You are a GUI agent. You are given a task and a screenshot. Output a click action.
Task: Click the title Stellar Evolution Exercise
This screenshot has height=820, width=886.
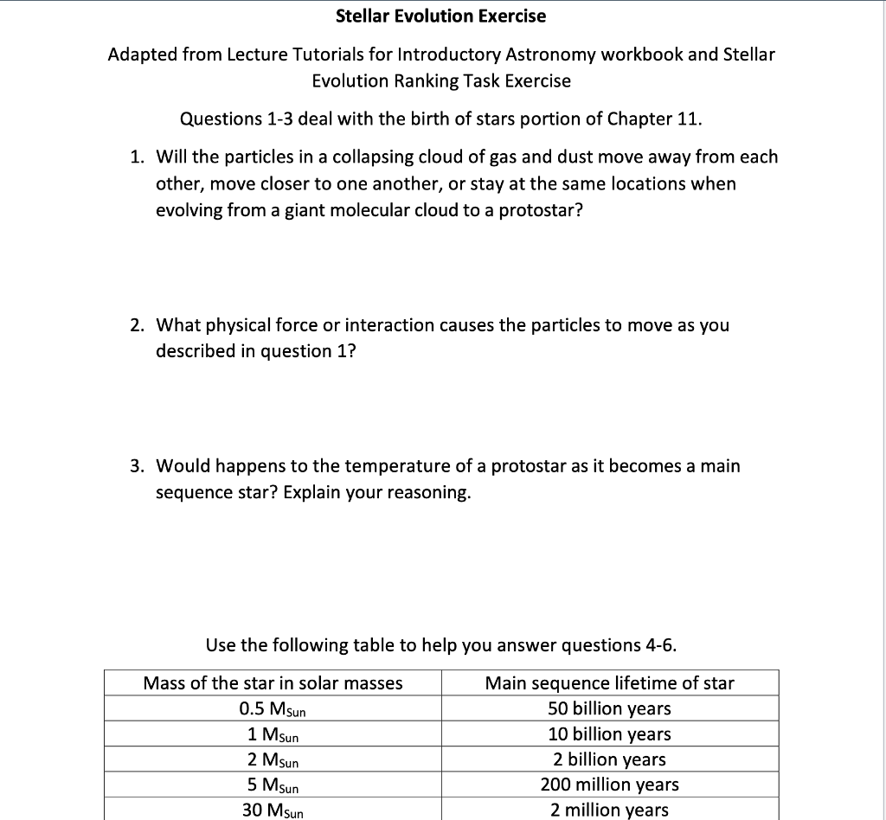click(x=440, y=16)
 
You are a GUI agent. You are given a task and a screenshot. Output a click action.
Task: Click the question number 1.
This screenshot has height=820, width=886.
click(x=137, y=157)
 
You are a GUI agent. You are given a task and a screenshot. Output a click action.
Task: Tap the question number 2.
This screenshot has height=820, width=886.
click(x=137, y=325)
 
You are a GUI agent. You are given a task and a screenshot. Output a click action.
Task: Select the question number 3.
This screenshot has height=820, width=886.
click(x=137, y=466)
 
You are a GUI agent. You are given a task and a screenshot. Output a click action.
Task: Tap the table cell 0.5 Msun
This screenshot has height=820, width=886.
click(x=273, y=709)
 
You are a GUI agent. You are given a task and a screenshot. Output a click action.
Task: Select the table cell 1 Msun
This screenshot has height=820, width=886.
click(x=273, y=734)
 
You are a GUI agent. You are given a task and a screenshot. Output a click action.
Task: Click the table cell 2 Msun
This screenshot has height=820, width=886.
click(x=273, y=759)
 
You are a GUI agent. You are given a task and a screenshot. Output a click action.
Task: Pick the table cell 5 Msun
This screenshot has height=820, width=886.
click(x=273, y=785)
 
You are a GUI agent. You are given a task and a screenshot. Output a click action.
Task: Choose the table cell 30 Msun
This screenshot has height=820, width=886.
click(x=273, y=810)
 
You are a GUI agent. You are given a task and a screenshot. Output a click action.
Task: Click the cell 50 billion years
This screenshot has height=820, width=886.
click(x=609, y=708)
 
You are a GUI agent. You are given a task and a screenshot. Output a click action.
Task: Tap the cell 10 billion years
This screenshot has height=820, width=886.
click(x=609, y=734)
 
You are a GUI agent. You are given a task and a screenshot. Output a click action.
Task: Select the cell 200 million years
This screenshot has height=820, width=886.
click(x=609, y=785)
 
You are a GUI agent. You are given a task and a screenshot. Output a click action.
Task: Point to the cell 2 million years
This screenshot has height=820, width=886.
click(x=609, y=810)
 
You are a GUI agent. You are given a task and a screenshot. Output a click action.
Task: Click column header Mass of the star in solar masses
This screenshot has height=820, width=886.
click(x=273, y=683)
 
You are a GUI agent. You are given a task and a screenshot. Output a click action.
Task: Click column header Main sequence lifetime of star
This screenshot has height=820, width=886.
click(x=609, y=683)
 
